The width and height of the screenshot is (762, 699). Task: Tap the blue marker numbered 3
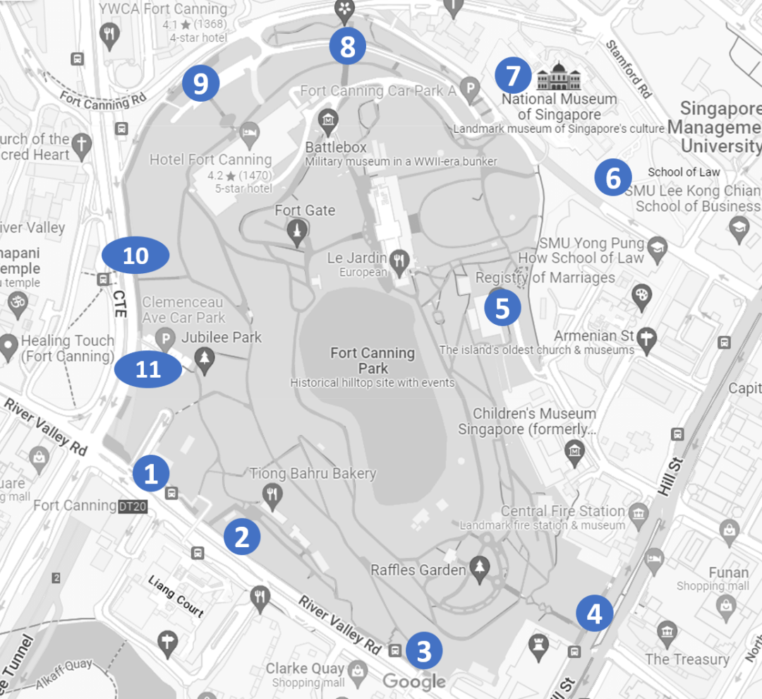tap(423, 651)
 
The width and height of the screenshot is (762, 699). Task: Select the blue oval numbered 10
tap(135, 255)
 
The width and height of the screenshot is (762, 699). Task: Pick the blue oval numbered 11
tap(148, 369)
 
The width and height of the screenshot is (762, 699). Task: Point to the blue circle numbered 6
tap(612, 178)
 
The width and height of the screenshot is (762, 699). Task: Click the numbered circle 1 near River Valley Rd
tap(151, 474)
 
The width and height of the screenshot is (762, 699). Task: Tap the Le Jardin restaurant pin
tap(399, 260)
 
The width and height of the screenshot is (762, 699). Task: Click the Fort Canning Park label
tap(373, 360)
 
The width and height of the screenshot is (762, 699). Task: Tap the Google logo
tap(414, 681)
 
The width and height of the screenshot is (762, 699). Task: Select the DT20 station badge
tap(133, 506)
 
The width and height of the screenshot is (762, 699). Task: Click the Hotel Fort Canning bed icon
tap(248, 132)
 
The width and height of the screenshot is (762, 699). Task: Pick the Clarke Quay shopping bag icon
tap(358, 670)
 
